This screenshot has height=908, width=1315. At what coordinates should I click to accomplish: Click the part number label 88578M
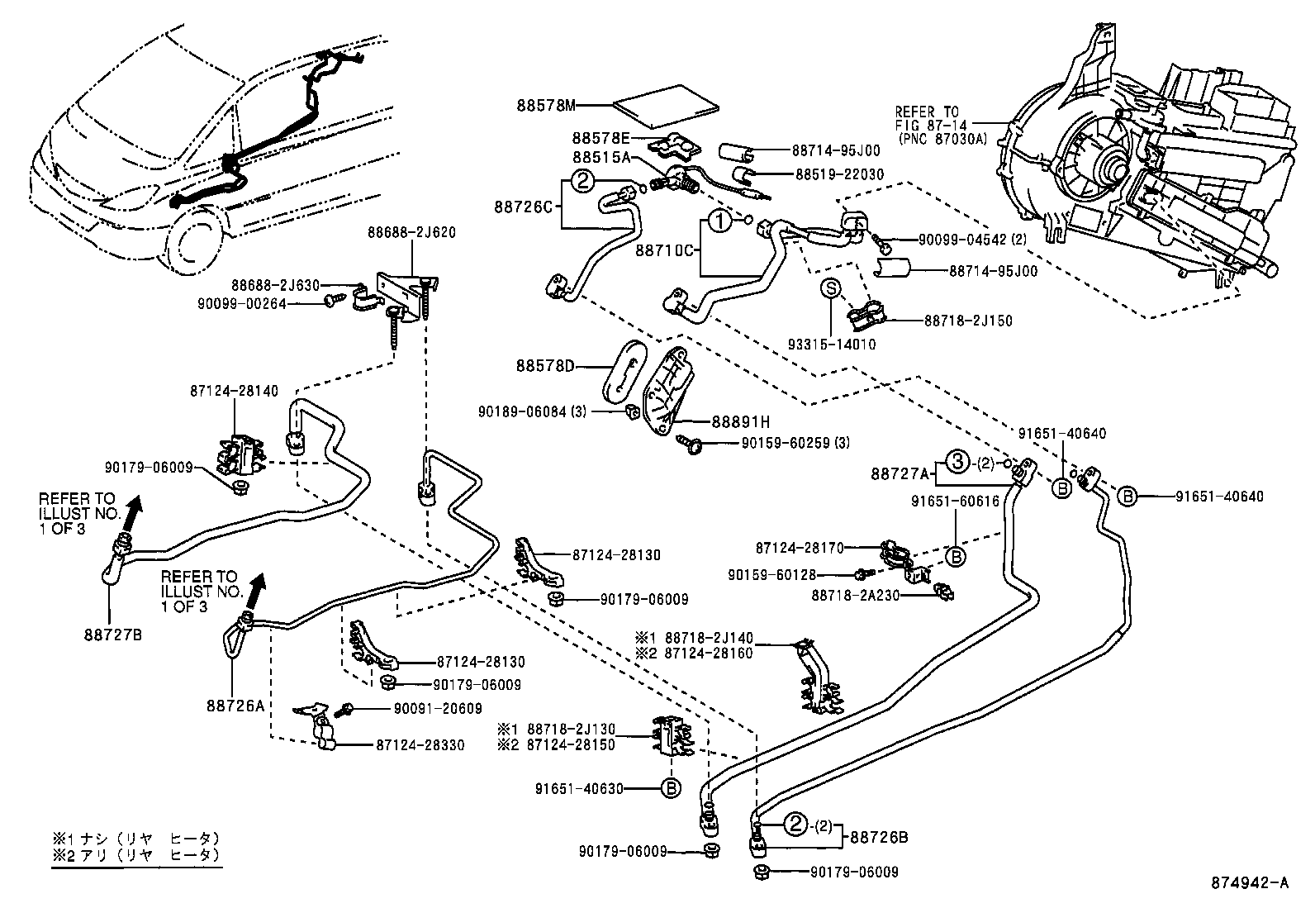(546, 105)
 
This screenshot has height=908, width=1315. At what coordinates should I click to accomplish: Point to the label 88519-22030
(839, 175)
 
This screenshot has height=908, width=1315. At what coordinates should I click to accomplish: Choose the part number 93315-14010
(833, 345)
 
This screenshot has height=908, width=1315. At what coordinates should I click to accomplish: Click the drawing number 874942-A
(1250, 883)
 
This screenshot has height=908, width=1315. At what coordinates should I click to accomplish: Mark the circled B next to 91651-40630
(672, 788)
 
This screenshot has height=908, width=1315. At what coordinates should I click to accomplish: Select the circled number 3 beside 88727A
(956, 462)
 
